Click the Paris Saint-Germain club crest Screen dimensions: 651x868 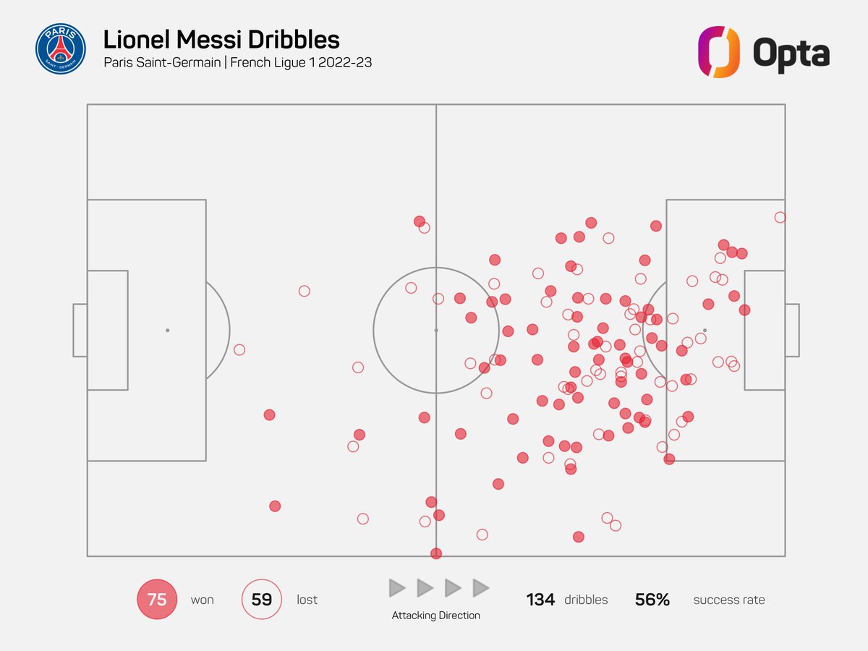60,49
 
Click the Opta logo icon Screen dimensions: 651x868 718,52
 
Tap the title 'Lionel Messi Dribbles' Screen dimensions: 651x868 221,39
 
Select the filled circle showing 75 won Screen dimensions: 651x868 157,600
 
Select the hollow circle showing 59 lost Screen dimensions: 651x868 261,600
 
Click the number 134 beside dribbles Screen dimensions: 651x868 540,600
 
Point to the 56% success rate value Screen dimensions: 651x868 652,600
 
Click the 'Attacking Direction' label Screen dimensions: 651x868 435,616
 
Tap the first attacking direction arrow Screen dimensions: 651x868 397,588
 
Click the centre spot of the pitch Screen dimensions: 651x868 436,330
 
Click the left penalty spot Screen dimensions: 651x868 167,330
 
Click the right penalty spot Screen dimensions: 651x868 705,330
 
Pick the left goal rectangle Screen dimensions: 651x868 80,330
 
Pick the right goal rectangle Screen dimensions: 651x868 792,330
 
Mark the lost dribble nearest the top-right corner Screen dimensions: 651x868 780,217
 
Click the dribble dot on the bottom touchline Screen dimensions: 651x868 435,553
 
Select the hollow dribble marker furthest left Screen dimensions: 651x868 239,349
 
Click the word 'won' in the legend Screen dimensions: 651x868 203,600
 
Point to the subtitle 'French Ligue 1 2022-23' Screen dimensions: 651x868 301,63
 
